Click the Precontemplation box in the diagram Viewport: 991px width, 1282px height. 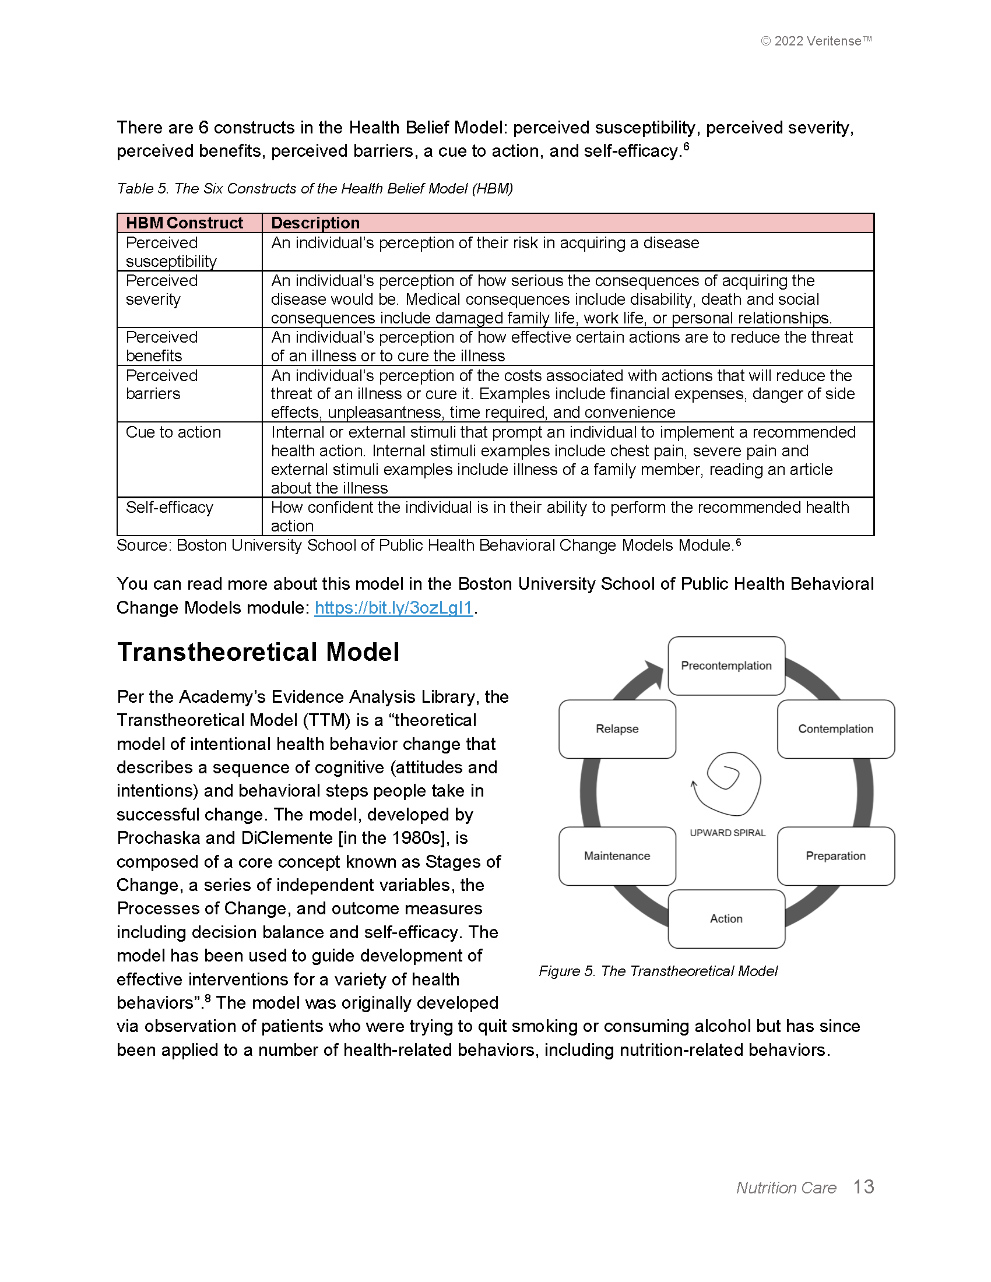(x=726, y=665)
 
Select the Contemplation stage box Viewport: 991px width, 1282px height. (x=835, y=728)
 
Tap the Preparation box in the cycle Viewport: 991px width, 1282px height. (x=835, y=856)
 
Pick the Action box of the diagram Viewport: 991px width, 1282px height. (x=726, y=918)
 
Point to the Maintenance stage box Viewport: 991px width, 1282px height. (x=617, y=856)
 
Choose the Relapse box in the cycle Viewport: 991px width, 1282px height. (x=617, y=728)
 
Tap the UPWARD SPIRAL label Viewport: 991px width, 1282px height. (x=728, y=833)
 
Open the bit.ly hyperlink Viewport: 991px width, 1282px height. (x=393, y=608)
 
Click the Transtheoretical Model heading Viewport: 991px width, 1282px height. (x=258, y=652)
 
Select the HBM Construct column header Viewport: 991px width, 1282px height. (x=184, y=223)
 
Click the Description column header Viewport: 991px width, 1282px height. (x=315, y=223)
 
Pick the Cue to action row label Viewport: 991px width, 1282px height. (x=173, y=432)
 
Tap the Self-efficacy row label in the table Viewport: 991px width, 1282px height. (x=169, y=507)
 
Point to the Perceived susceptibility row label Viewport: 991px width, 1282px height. (x=171, y=252)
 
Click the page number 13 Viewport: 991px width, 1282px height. (x=863, y=1186)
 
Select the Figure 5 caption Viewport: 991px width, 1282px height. (x=658, y=971)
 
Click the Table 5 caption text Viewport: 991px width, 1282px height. (x=315, y=188)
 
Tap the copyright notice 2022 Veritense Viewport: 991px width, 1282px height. (x=816, y=41)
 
